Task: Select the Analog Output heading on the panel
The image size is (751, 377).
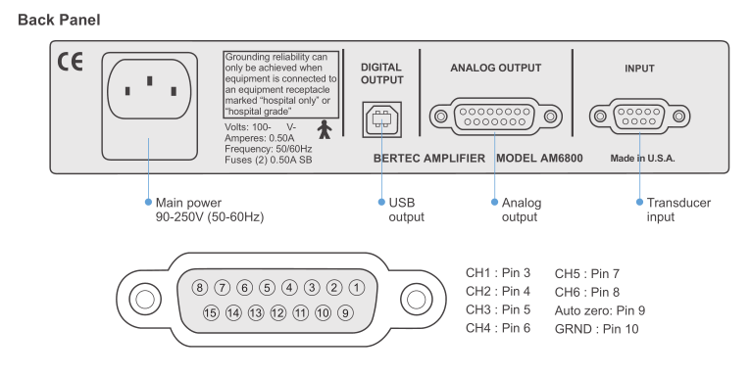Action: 495,69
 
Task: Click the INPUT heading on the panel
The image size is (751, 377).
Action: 639,69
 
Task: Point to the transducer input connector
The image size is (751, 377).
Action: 639,118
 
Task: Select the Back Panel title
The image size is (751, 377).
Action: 57,19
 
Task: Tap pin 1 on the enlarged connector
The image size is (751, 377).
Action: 357,287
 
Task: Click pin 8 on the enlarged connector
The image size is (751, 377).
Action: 199,287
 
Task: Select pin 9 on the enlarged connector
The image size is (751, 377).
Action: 344,313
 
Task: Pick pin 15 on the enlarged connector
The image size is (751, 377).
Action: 210,313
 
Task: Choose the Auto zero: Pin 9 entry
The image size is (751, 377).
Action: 599,310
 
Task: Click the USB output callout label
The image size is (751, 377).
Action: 401,210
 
